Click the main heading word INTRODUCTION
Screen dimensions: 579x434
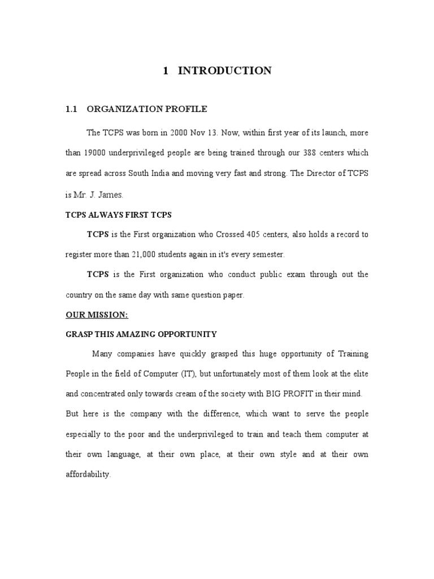pos(225,71)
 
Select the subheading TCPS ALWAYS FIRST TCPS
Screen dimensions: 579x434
pos(118,215)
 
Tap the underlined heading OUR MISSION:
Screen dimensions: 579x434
pos(97,315)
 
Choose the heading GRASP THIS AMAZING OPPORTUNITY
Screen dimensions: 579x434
pos(141,335)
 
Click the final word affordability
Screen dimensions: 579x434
pos(88,475)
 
